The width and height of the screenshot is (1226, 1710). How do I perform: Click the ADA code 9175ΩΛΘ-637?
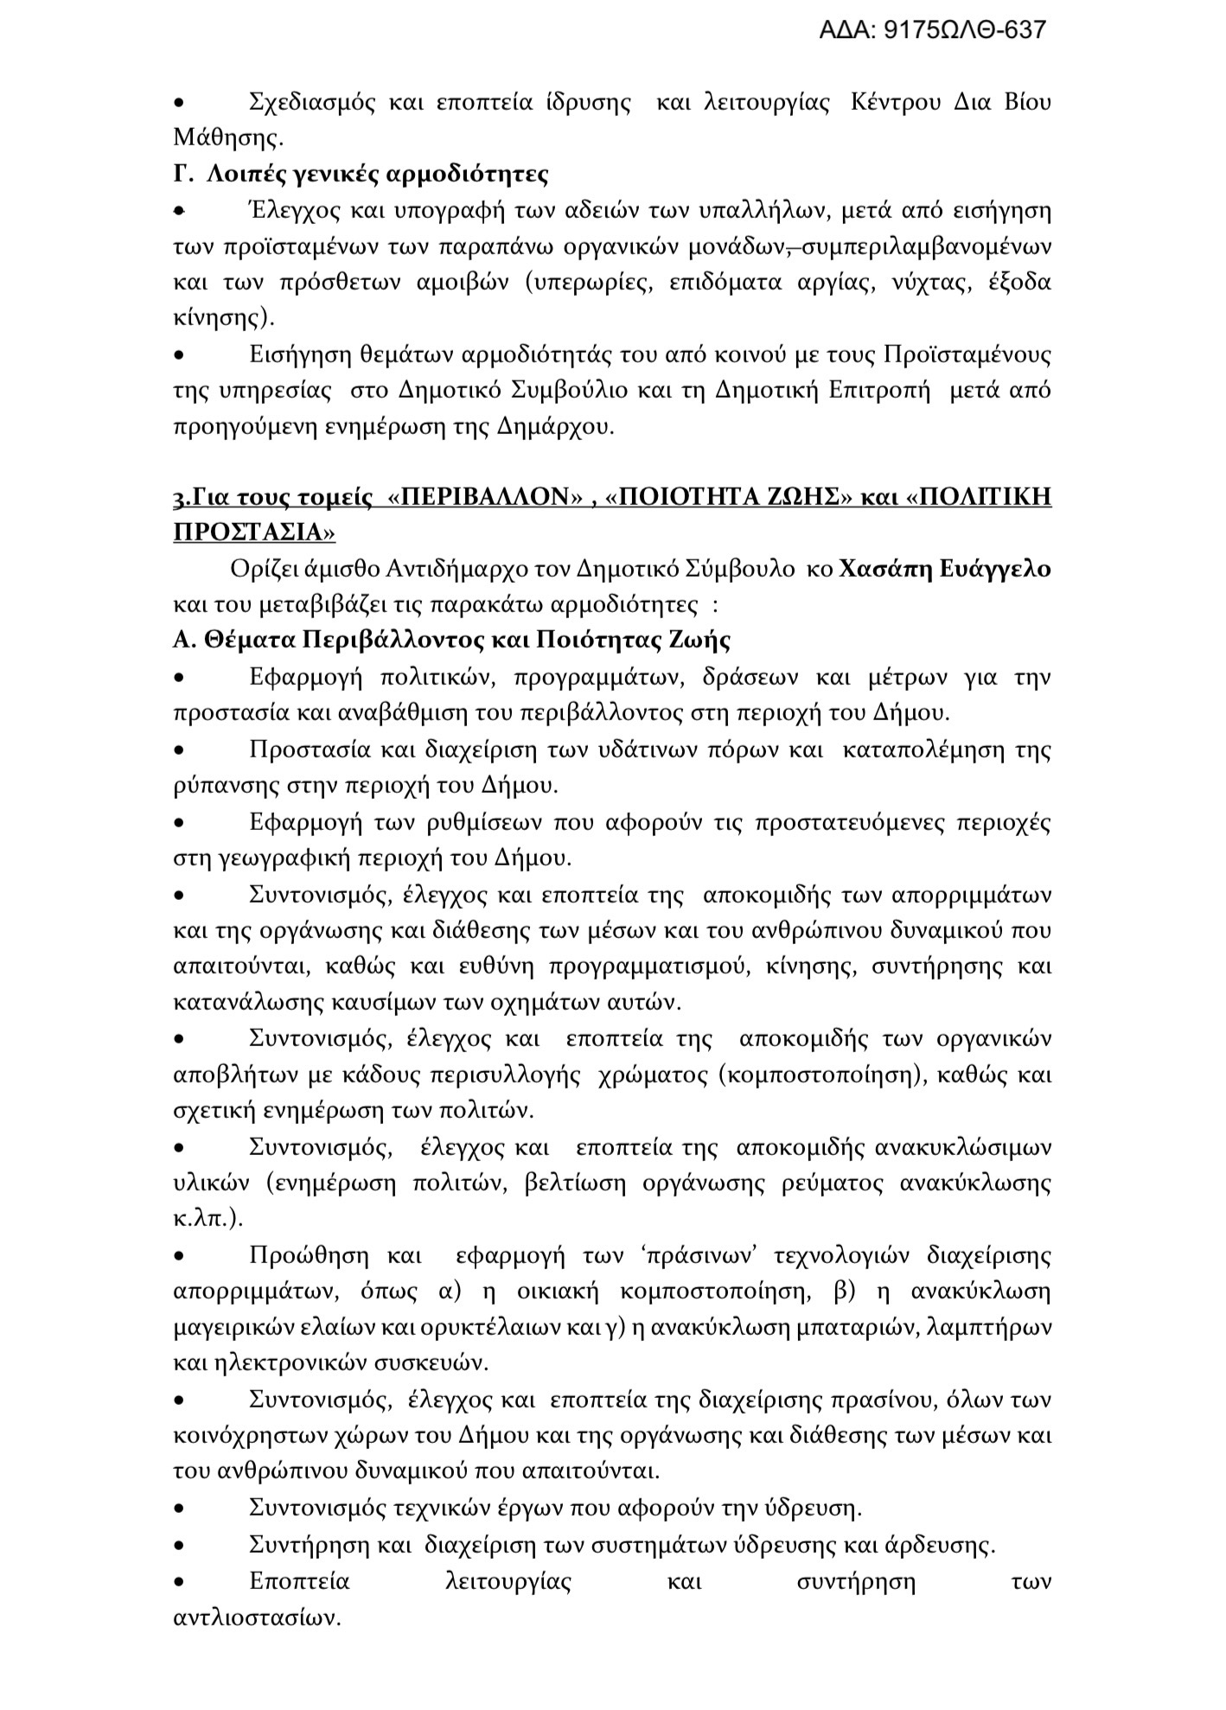coord(932,31)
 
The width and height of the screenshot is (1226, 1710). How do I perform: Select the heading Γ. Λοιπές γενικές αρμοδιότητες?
coord(361,174)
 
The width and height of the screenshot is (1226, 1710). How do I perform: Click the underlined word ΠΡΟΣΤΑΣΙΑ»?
coord(254,533)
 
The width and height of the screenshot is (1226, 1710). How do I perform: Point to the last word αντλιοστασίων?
coord(258,1617)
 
